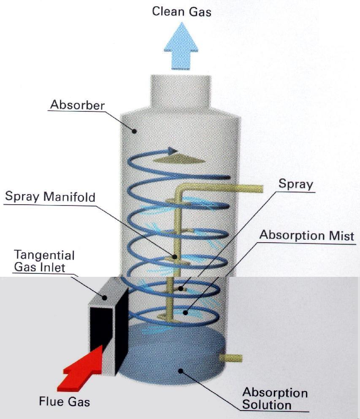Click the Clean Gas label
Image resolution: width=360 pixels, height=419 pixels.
[x=181, y=11]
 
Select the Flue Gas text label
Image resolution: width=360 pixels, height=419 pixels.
[x=65, y=401]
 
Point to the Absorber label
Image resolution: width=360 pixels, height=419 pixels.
[x=77, y=105]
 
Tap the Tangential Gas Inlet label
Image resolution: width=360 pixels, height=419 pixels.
[x=44, y=261]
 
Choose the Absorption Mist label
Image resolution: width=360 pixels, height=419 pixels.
[x=307, y=235]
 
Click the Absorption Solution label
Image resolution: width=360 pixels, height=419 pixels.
[x=274, y=399]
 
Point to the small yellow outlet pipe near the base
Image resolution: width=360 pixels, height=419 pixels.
[x=231, y=358]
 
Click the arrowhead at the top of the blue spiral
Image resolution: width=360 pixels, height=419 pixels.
[x=171, y=150]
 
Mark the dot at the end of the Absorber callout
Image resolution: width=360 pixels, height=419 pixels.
[x=135, y=131]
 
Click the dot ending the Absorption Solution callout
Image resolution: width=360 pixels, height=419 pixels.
[x=181, y=371]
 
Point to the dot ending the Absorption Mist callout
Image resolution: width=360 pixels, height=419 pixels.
[x=184, y=313]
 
